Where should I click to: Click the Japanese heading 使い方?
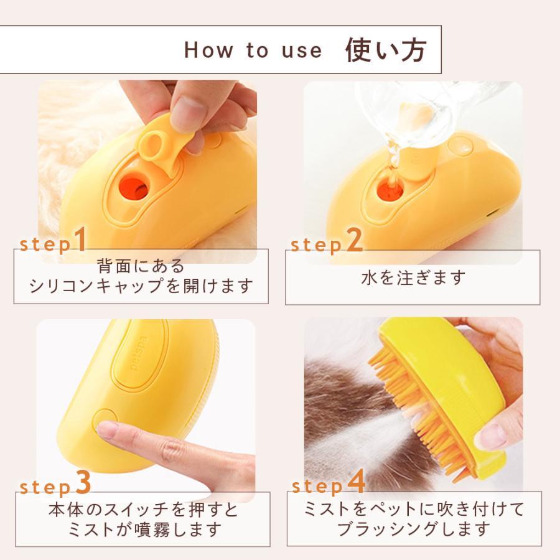click(x=385, y=50)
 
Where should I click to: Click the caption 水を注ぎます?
click(x=413, y=278)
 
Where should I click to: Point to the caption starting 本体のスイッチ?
click(x=143, y=520)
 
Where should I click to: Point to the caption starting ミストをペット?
click(x=414, y=519)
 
